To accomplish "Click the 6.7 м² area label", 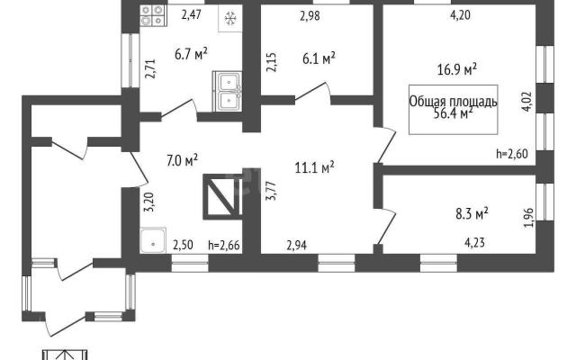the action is click(191, 54).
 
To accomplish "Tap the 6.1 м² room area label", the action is click(319, 58).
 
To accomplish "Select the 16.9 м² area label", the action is click(457, 68).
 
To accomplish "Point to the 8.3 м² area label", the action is click(472, 213).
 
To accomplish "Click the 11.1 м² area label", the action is click(314, 167).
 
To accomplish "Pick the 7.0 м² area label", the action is click(183, 160).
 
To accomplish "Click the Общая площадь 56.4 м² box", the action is click(454, 110).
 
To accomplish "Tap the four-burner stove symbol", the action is click(152, 15).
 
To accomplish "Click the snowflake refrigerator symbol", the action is click(230, 18).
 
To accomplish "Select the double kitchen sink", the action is click(228, 92).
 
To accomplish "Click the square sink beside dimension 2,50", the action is click(153, 240).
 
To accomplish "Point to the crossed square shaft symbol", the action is click(222, 196).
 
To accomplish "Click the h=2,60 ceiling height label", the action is click(512, 154).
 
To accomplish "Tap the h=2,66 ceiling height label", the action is click(224, 245).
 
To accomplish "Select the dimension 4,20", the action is click(460, 15).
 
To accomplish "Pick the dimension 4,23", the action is click(474, 242).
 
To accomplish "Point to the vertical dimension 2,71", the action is click(150, 69).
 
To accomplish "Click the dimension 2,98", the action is click(310, 16).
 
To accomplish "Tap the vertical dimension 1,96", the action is click(528, 218).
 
